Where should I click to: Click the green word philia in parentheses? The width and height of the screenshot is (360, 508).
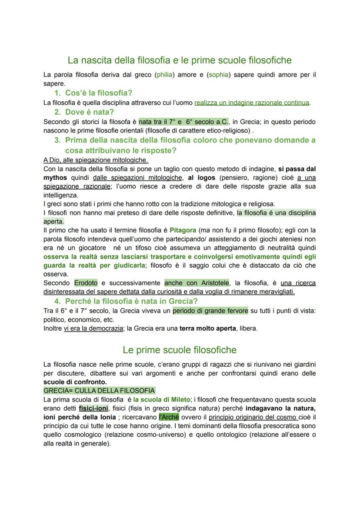coord(164,75)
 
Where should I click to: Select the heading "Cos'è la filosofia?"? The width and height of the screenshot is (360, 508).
coord(99,93)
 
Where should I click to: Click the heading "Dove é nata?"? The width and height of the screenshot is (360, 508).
coord(89,112)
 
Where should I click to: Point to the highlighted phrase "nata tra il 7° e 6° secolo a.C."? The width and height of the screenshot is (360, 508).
coord(183,122)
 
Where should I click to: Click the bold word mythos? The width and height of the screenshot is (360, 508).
coord(55,178)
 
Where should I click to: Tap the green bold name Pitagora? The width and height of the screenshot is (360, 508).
coord(183,230)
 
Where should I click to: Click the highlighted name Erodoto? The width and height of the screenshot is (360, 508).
coord(86,283)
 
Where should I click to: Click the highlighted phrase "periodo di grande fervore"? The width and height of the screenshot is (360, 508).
coord(210,311)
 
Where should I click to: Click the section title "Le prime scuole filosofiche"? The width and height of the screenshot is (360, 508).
coord(180,350)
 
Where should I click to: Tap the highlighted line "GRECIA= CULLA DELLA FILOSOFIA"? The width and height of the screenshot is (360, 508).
coord(99,390)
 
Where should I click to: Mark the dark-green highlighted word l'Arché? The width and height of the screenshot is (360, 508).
coord(169,417)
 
